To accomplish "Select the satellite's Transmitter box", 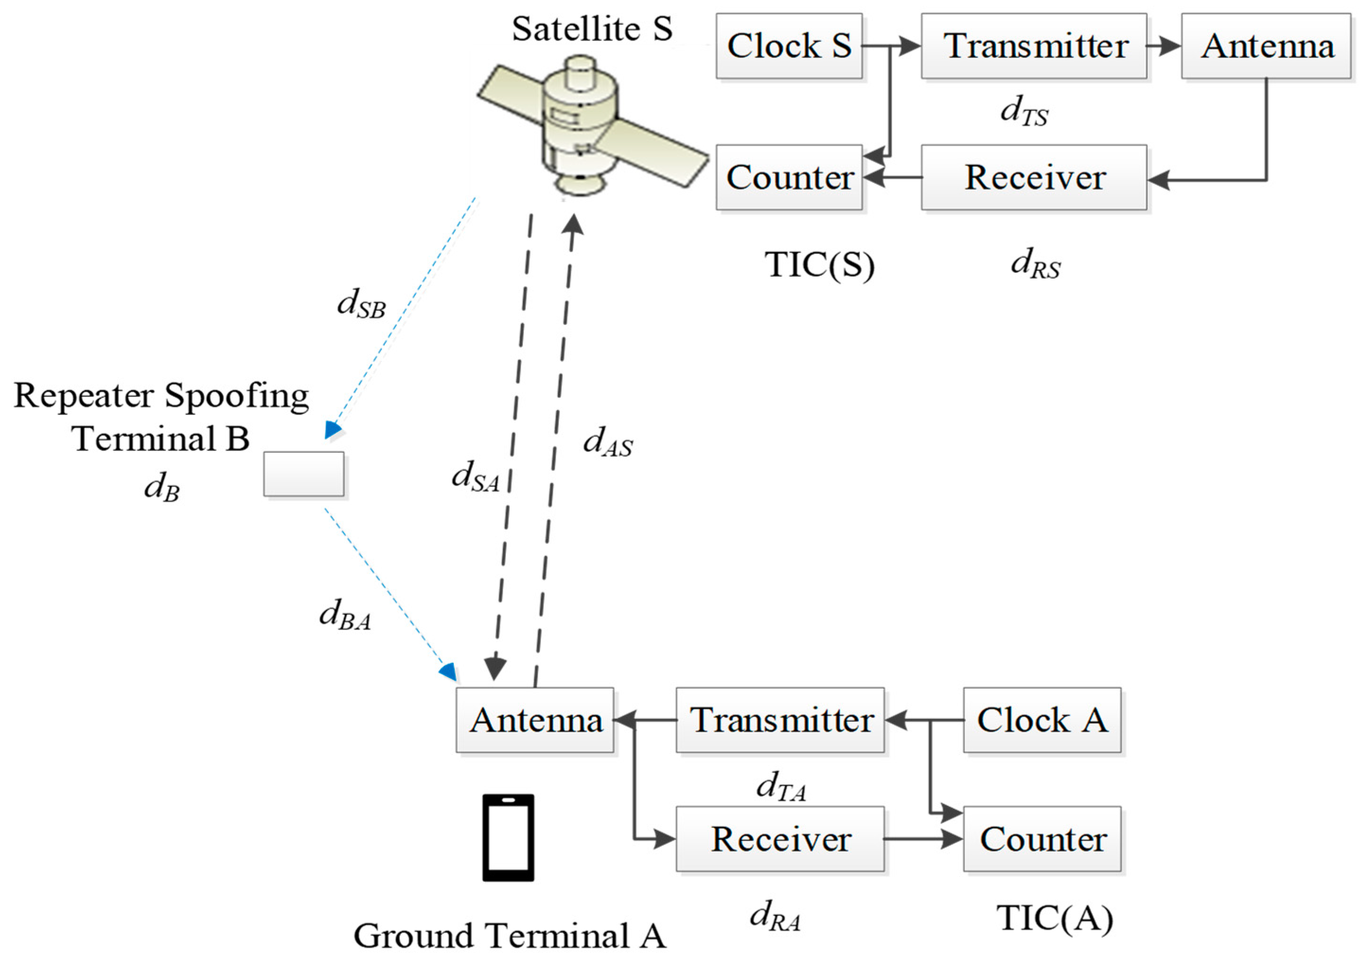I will [1033, 46].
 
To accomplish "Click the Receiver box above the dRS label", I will [1033, 177].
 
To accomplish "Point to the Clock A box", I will [1041, 720].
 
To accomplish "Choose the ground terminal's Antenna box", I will [534, 720].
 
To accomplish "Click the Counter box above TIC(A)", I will [1041, 839].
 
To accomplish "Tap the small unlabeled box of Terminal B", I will [304, 473].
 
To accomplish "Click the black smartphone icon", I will [508, 837].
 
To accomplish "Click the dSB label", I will [361, 304].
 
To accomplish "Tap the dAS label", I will [607, 442].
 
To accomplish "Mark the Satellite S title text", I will [592, 28].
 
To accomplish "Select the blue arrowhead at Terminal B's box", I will [332, 430].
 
